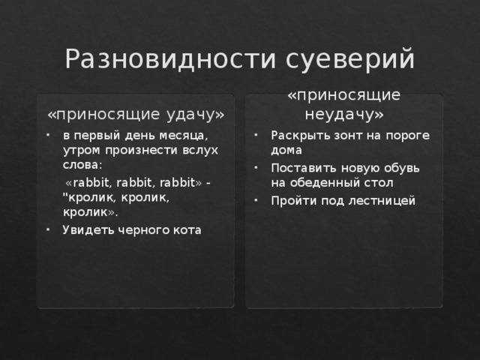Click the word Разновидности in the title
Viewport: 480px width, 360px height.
170,58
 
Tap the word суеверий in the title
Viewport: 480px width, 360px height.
350,58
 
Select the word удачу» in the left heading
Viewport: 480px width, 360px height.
196,115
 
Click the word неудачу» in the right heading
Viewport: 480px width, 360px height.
344,115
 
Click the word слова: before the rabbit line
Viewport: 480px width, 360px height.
82,165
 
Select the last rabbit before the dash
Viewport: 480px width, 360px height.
178,182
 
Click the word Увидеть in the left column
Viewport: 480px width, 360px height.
85,230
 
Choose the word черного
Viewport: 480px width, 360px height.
142,230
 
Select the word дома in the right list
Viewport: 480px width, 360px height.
286,151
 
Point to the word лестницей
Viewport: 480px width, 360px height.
382,201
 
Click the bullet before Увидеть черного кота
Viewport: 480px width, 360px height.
48,229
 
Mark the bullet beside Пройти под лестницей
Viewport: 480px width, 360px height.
256,201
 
